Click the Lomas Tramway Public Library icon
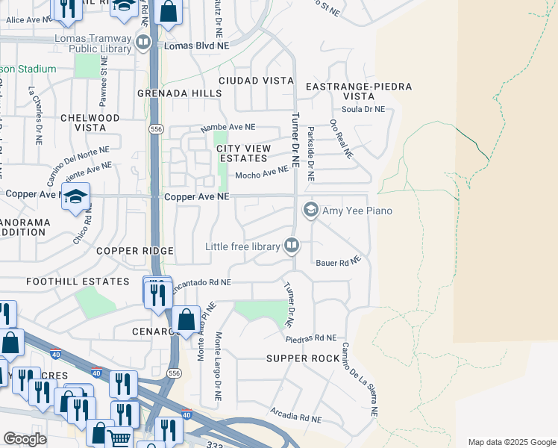pos(143,45)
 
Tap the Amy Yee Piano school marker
pos(311,211)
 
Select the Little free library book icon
pos(292,246)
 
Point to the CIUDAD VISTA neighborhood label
pos(250,80)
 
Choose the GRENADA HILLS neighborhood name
pos(180,93)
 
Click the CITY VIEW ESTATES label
pos(242,154)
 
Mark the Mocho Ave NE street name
pos(262,174)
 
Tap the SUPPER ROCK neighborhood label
pos(303,359)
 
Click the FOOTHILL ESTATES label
pos(78,281)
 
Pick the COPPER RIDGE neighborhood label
pos(135,251)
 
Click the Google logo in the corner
pos(25,439)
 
